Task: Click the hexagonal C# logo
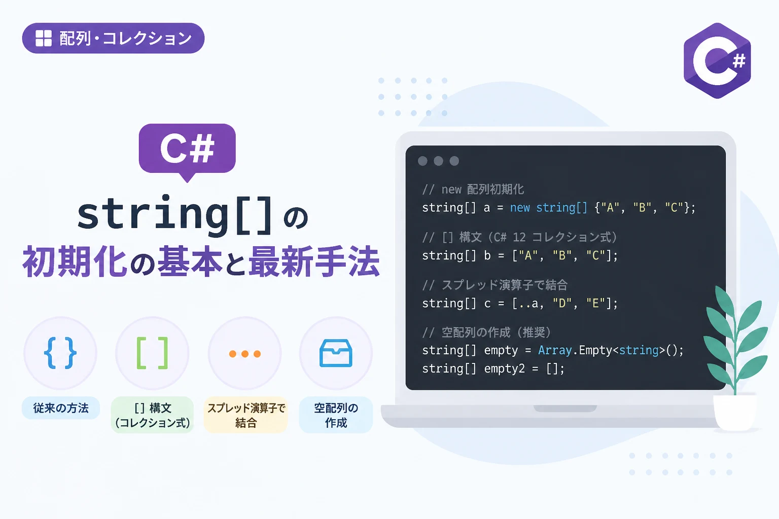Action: (717, 60)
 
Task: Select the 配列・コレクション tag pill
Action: (113, 38)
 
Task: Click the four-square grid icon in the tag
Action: (44, 38)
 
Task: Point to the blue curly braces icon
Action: (60, 353)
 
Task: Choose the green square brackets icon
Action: (152, 353)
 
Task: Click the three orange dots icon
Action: (245, 354)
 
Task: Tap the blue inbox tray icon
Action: (336, 353)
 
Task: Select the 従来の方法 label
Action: (61, 408)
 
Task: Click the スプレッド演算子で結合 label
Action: (246, 415)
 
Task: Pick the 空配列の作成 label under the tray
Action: (336, 415)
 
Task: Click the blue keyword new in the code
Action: (519, 208)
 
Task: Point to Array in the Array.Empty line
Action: (555, 350)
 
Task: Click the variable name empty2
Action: (504, 369)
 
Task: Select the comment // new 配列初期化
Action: (473, 190)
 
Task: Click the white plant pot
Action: (735, 413)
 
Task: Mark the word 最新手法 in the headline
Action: (314, 262)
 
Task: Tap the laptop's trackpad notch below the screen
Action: (565, 409)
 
